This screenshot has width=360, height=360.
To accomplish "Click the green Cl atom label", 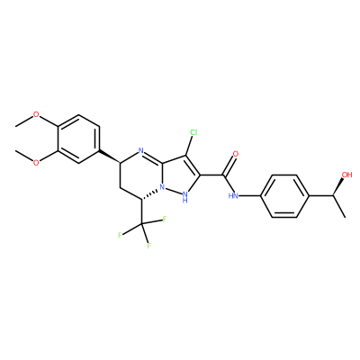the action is tap(193, 132).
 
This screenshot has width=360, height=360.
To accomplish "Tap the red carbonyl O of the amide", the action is tap(236, 154).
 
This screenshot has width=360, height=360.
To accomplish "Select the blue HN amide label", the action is tap(233, 196).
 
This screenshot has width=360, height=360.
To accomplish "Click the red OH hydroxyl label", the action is tap(346, 175).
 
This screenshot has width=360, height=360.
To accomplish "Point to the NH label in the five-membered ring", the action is tap(185, 197).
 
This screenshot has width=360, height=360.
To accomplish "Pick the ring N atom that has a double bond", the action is tap(142, 150).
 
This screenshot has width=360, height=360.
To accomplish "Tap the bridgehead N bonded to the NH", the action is tap(163, 187).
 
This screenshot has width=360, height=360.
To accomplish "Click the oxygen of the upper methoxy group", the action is tap(36, 114).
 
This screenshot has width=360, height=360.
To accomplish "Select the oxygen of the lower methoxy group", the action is tap(36, 162).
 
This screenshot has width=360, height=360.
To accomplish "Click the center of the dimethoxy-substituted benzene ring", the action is tap(78, 139).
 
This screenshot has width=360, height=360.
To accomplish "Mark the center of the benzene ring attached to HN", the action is tap(284, 195).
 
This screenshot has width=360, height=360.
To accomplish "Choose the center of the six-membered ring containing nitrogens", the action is tap(141, 175).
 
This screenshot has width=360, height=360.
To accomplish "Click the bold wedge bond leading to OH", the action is tap(337, 186).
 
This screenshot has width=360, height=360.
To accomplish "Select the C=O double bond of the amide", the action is tap(229, 166).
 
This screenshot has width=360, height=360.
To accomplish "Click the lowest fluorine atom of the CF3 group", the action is tap(148, 246).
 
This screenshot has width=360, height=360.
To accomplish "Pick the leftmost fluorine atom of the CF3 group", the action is tap(120, 235).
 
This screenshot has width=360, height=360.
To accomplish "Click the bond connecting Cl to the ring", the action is tap(190, 146).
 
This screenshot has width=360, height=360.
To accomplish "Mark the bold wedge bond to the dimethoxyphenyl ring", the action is tap(110, 157).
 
